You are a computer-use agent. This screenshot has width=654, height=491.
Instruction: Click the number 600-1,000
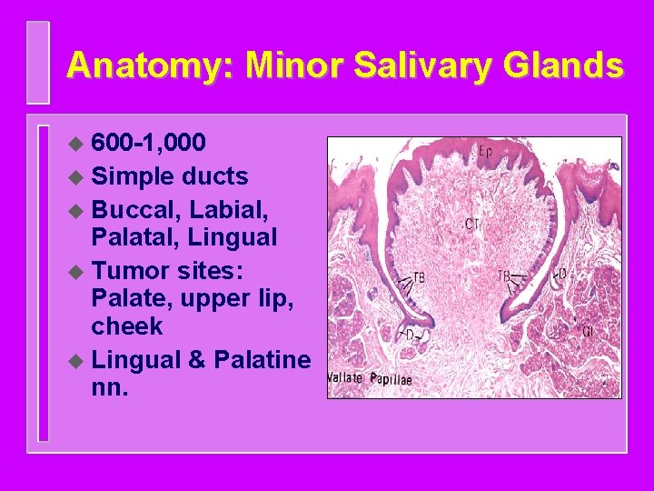coord(149,144)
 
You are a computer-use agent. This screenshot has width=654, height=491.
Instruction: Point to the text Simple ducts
coord(170,176)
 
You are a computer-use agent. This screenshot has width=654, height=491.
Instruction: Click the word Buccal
coord(134,208)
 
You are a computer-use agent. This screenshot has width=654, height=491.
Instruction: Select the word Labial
coord(231,208)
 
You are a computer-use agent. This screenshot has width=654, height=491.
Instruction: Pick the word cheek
coord(126,326)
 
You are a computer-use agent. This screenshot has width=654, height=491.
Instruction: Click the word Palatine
coord(263,359)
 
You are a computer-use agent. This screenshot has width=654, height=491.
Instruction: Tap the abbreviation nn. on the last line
coord(109,388)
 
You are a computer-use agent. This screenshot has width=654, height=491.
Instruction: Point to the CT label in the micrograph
coord(471,223)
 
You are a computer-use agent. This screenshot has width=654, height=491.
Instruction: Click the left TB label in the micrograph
coord(419,276)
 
